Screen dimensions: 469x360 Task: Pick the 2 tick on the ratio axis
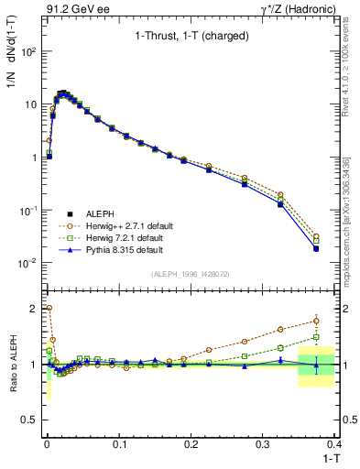click(35, 308)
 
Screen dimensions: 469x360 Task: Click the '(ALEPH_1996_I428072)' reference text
click(191, 274)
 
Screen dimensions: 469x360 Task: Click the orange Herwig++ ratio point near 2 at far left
click(48, 309)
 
